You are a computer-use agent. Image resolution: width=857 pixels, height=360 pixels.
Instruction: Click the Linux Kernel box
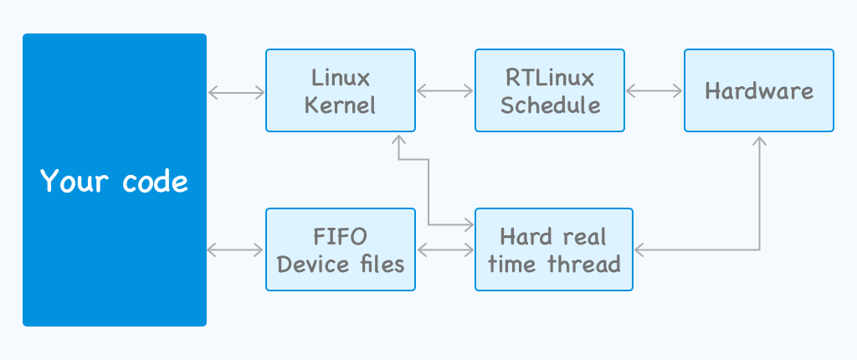(x=341, y=90)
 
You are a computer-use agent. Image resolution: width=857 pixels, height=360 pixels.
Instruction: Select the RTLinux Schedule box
(x=550, y=90)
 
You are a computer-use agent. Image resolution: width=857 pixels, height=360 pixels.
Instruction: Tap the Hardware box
(x=759, y=90)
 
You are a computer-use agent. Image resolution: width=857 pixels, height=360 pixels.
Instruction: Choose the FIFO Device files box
(x=341, y=249)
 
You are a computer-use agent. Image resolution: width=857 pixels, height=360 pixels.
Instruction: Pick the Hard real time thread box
(x=554, y=249)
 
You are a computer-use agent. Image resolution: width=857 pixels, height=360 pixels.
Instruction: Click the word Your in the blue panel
(x=74, y=181)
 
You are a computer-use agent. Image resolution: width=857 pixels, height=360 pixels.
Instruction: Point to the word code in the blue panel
(x=155, y=180)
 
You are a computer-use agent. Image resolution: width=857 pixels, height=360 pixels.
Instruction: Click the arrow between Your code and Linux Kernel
(x=236, y=93)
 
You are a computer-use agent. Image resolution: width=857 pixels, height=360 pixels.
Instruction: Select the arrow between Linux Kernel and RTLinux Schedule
(x=445, y=90)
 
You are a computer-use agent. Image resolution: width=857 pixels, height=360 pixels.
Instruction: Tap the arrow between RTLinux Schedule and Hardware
(x=654, y=90)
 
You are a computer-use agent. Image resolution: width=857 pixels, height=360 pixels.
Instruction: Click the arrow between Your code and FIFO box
(x=235, y=250)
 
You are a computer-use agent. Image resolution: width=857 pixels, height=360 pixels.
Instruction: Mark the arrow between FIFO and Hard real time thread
(x=445, y=250)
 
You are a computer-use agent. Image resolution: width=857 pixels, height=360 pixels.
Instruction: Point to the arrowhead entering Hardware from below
(x=759, y=139)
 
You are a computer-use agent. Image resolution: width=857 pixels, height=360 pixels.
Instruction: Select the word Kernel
(x=341, y=105)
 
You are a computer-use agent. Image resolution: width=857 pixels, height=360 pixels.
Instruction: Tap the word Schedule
(x=550, y=105)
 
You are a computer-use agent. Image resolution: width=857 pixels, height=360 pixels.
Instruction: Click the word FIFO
(x=340, y=238)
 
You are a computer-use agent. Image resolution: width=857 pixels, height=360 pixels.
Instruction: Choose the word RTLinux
(x=550, y=78)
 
